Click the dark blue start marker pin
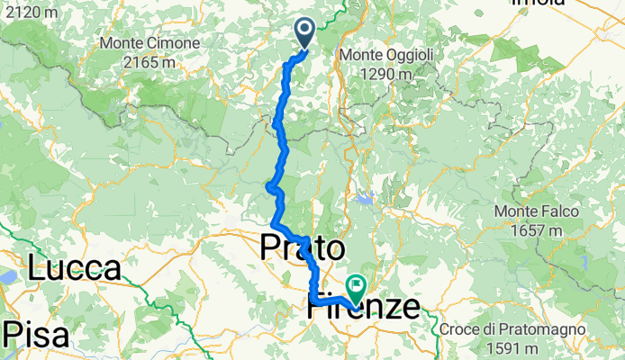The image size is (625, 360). click(303, 34)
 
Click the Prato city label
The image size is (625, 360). click(303, 248)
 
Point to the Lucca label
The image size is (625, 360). click(74, 269)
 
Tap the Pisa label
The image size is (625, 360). click(35, 334)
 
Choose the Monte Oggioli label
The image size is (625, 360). click(386, 56)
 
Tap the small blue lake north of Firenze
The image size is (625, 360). click(364, 199)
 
